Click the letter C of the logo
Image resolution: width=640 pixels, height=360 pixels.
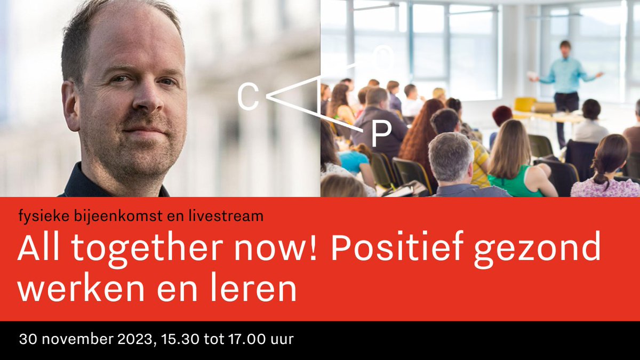pyautogui.click(x=247, y=98)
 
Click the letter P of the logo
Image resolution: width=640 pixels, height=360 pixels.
pyautogui.click(x=381, y=135)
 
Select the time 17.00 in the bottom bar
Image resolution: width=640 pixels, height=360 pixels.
pyautogui.click(x=253, y=339)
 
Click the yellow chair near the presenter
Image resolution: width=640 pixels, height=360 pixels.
pyautogui.click(x=525, y=105)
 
